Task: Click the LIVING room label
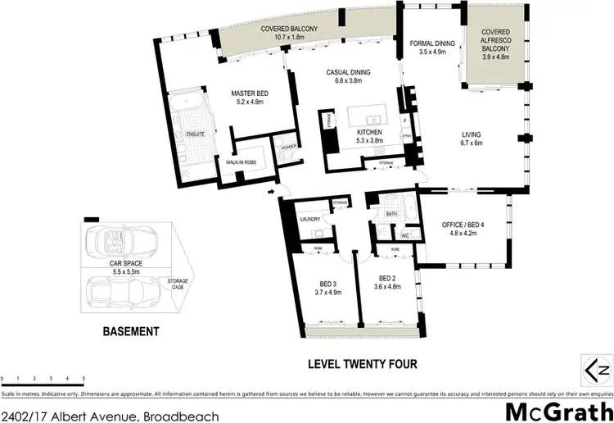[x=471, y=134]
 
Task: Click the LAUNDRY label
[x=309, y=219]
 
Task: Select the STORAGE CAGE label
[x=178, y=284]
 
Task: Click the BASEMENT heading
[x=130, y=332]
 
